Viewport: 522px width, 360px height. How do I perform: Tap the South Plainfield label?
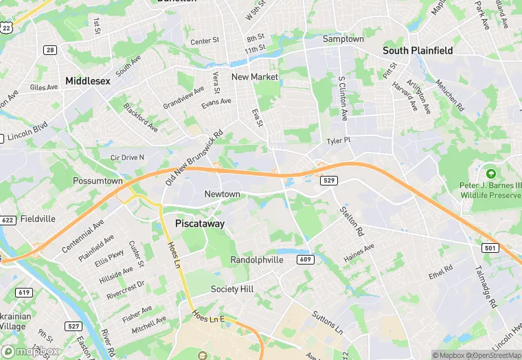pos(418,50)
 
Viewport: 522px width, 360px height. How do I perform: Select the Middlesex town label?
pos(88,80)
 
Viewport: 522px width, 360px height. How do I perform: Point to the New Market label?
pos(255,77)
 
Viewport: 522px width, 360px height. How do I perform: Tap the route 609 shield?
pos(306,259)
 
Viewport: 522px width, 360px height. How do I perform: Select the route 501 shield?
pos(489,247)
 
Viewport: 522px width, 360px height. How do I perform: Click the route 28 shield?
pos(50,49)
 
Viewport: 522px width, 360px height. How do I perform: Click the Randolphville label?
pos(256,260)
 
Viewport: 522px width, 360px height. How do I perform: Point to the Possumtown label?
pos(98,181)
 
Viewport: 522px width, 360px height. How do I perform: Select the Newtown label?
pos(223,194)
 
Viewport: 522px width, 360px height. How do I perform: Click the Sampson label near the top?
pos(343,39)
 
